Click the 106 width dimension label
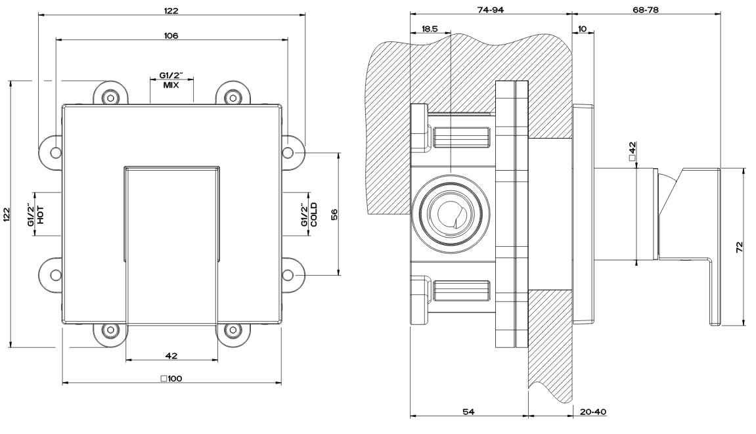coord(171,35)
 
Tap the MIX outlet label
coord(171,85)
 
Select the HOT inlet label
coord(41,215)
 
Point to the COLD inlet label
coord(314,215)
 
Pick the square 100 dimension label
coord(171,379)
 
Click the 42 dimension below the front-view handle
coord(171,356)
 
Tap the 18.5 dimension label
coord(429,29)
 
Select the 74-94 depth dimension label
coord(491,9)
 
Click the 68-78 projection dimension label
coord(645,9)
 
